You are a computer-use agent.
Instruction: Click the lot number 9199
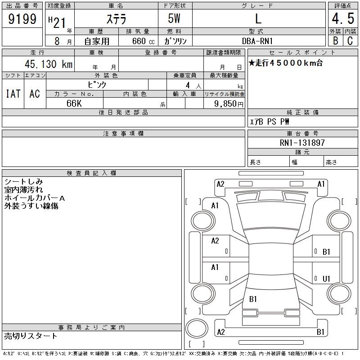coord(22,19)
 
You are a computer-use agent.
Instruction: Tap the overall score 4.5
coord(343,18)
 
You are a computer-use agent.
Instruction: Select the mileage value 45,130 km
coord(49,64)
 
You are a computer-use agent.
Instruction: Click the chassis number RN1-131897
coord(302,143)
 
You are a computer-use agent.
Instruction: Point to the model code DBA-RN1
coord(257,41)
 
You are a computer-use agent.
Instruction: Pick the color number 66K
coord(74,103)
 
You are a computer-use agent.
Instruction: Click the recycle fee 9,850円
coord(229,104)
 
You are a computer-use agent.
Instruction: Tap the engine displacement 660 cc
coord(143,41)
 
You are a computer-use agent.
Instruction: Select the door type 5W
coord(174,18)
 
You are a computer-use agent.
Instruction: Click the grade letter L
coord(258,18)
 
